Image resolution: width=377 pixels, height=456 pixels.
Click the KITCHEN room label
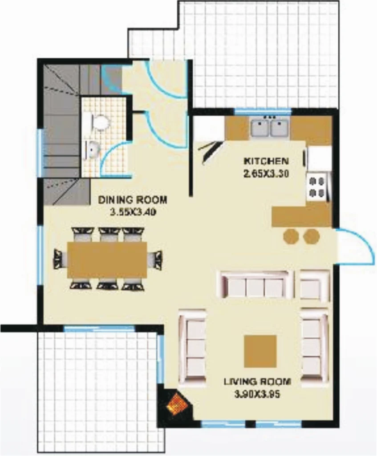[266, 161]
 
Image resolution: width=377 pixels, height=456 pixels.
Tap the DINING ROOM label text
[133, 200]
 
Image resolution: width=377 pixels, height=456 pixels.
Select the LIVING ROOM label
[257, 382]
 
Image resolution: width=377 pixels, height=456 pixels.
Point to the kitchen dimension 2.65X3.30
[266, 174]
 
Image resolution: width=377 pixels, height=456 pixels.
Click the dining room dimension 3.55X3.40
[133, 212]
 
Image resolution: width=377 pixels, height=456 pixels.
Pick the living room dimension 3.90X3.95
[257, 395]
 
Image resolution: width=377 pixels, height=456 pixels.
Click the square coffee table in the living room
[260, 351]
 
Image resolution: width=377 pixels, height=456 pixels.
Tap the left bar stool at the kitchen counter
[291, 236]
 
